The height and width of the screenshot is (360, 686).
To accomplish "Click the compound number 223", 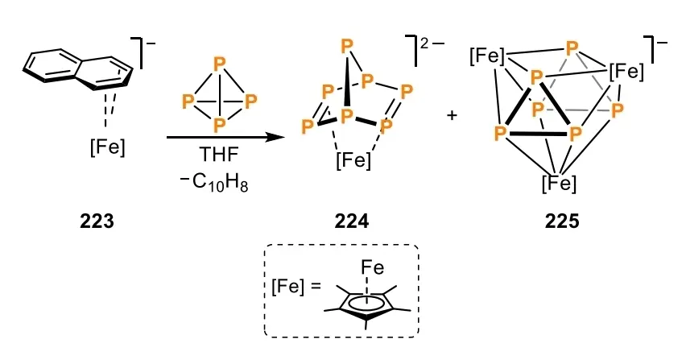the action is (97, 221).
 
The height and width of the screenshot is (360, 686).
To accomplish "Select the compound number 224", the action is (352, 221).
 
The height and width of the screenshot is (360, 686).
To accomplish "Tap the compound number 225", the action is (562, 221).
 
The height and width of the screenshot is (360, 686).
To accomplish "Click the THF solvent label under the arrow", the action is (219, 154).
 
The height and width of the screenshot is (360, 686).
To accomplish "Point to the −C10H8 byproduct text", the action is (214, 181).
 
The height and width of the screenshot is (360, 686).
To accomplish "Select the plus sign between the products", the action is (452, 115).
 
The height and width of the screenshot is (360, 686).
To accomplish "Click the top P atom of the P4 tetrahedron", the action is (219, 64).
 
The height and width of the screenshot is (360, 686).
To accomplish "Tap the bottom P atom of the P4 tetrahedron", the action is (219, 125).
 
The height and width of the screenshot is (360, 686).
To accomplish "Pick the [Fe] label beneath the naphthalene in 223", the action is (108, 147).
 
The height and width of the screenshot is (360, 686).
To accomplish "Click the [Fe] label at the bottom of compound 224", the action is (353, 160).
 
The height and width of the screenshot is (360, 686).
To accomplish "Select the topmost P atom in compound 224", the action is (347, 45).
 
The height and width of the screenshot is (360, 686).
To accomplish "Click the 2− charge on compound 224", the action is (432, 43).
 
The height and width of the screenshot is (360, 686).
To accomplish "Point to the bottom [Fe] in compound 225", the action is (559, 184).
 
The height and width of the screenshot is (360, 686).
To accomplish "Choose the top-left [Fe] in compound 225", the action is (487, 56).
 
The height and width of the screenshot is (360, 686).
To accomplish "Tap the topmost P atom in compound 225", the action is (572, 48).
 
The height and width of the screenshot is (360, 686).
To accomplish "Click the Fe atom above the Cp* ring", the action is (373, 267).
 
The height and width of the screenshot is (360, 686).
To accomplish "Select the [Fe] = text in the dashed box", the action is (296, 287).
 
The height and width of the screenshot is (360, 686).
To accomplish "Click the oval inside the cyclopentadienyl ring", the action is (366, 303).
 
